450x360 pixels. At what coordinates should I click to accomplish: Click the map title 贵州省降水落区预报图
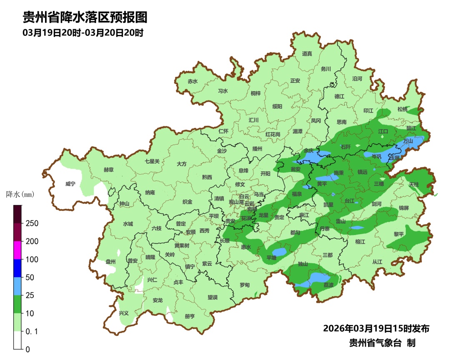(85, 17)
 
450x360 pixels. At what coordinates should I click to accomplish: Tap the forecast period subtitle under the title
(83, 32)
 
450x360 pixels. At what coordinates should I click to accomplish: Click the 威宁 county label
(70, 184)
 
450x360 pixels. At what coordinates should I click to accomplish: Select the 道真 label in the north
(307, 53)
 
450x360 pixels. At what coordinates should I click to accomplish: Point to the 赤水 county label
(192, 81)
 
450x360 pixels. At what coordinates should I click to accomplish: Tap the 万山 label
(408, 141)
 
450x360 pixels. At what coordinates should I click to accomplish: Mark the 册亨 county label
(190, 316)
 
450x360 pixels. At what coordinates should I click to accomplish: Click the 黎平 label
(399, 234)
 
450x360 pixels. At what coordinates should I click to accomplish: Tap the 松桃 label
(402, 109)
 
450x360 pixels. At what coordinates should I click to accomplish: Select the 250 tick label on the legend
(32, 223)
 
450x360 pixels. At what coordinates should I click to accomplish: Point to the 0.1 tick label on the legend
(32, 331)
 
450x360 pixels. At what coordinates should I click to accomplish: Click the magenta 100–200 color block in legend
(17, 250)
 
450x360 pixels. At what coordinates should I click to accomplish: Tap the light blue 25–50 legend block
(17, 286)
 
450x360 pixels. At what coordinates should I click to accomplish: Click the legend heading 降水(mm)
(20, 194)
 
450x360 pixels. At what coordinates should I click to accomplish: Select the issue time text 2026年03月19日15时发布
(376, 328)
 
